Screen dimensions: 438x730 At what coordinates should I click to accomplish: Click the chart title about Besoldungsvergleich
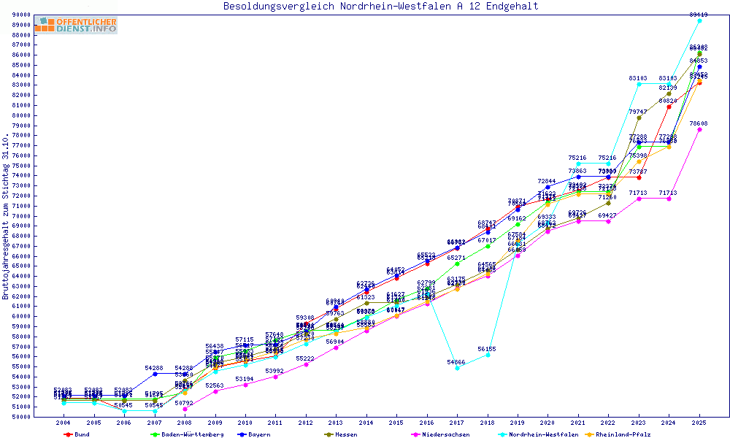click(x=380, y=7)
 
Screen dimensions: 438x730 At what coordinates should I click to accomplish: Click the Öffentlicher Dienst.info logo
click(x=76, y=25)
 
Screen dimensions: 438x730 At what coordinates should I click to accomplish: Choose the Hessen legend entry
click(x=346, y=434)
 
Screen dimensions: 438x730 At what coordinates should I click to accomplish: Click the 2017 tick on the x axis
click(x=457, y=423)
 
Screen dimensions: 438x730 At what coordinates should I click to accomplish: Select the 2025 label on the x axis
click(x=699, y=423)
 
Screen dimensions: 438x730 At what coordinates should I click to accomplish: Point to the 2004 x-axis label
click(x=64, y=423)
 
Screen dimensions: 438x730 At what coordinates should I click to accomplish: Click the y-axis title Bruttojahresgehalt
click(x=7, y=216)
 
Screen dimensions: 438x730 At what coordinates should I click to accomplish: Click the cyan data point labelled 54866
click(x=457, y=368)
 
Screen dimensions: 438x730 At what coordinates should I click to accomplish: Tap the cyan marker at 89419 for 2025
click(x=699, y=20)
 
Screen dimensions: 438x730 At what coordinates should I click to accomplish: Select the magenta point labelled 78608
click(x=699, y=129)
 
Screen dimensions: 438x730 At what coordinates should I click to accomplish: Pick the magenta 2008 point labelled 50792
click(x=185, y=409)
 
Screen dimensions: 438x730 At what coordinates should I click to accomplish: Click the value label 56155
click(x=487, y=349)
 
